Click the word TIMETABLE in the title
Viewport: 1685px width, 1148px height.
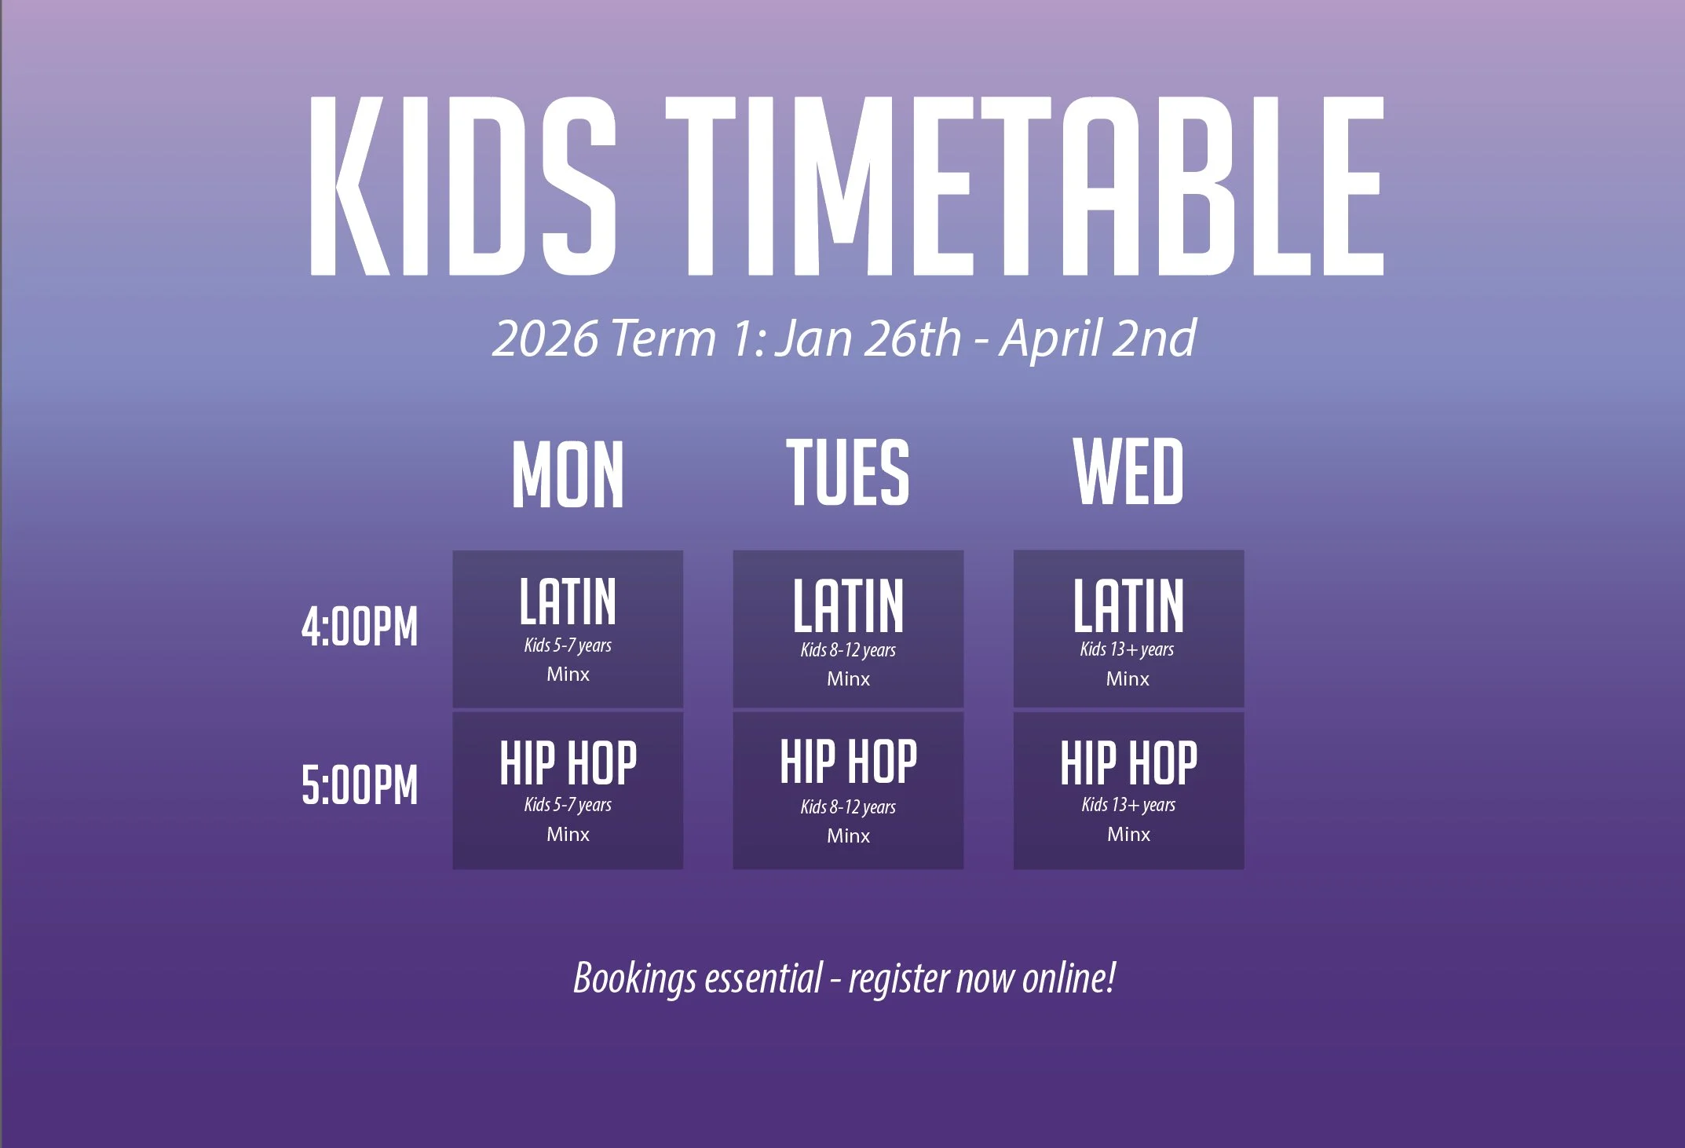(1024, 186)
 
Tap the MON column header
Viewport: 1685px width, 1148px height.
(568, 473)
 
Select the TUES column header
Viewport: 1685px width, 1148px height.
(848, 472)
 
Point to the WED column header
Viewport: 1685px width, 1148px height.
(1128, 471)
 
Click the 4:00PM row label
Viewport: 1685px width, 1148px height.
(360, 627)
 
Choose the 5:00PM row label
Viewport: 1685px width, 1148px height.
(360, 784)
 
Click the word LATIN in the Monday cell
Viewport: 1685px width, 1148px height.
(568, 601)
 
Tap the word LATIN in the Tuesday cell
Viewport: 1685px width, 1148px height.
(848, 605)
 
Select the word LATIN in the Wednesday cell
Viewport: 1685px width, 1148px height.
(1128, 605)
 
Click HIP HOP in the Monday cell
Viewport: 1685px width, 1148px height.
(568, 762)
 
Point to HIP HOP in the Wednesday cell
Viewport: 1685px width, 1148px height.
(1128, 762)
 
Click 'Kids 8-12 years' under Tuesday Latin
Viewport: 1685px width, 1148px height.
(848, 650)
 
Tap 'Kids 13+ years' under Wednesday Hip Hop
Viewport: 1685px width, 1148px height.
(1128, 805)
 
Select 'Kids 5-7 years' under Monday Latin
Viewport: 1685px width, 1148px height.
(568, 645)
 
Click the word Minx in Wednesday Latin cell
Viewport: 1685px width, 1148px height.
(1128, 678)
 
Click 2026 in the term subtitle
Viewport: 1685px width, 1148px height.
(545, 338)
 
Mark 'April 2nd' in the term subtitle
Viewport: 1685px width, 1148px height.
(1097, 338)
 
